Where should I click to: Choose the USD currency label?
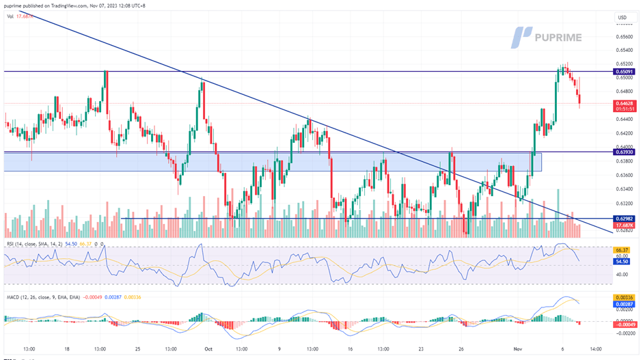pos(621,18)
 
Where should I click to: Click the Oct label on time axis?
pos(209,348)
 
